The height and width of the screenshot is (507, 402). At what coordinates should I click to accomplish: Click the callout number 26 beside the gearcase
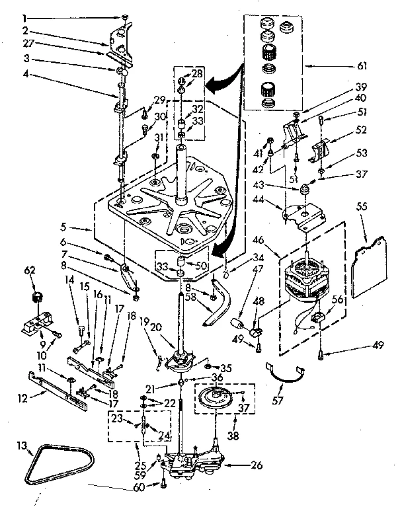point(257,465)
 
